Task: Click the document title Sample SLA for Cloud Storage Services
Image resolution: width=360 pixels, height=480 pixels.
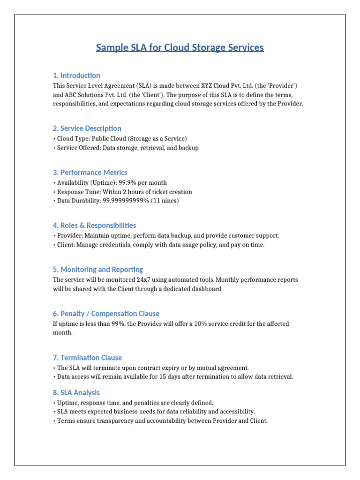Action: point(180,48)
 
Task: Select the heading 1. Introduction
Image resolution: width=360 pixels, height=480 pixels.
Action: point(76,75)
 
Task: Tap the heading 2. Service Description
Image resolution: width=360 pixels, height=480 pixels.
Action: point(87,128)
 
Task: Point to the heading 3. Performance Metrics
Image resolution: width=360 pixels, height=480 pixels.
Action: point(90,172)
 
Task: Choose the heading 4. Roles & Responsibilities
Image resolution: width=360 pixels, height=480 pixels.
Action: point(95,225)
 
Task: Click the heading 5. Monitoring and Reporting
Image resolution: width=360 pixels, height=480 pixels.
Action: point(98,270)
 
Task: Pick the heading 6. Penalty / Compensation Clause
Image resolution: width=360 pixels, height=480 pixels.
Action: point(106,314)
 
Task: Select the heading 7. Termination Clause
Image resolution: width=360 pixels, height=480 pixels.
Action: point(87,358)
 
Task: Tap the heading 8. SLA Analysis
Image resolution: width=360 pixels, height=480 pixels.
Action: point(76,393)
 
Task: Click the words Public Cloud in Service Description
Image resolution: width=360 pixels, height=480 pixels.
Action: point(106,139)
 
